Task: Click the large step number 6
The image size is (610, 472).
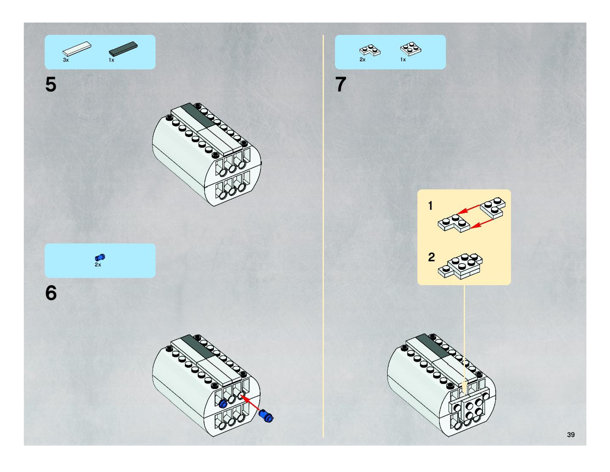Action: pos(51,293)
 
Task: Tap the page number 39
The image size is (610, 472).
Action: pos(571,435)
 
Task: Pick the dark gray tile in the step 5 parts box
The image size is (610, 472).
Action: pos(123,49)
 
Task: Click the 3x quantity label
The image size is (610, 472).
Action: pos(66,60)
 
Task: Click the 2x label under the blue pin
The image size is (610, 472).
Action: pos(98,265)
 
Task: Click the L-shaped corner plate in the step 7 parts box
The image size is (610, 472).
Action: pos(370,51)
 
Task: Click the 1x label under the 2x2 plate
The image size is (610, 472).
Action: pos(403,60)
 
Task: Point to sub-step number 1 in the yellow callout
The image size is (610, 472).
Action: pos(430,206)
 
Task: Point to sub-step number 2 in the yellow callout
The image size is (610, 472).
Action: pos(431,257)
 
